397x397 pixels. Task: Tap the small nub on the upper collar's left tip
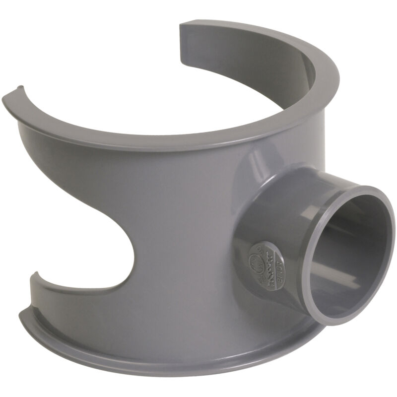[x=20, y=88]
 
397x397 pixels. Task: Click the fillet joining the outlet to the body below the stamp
[x=278, y=303]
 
